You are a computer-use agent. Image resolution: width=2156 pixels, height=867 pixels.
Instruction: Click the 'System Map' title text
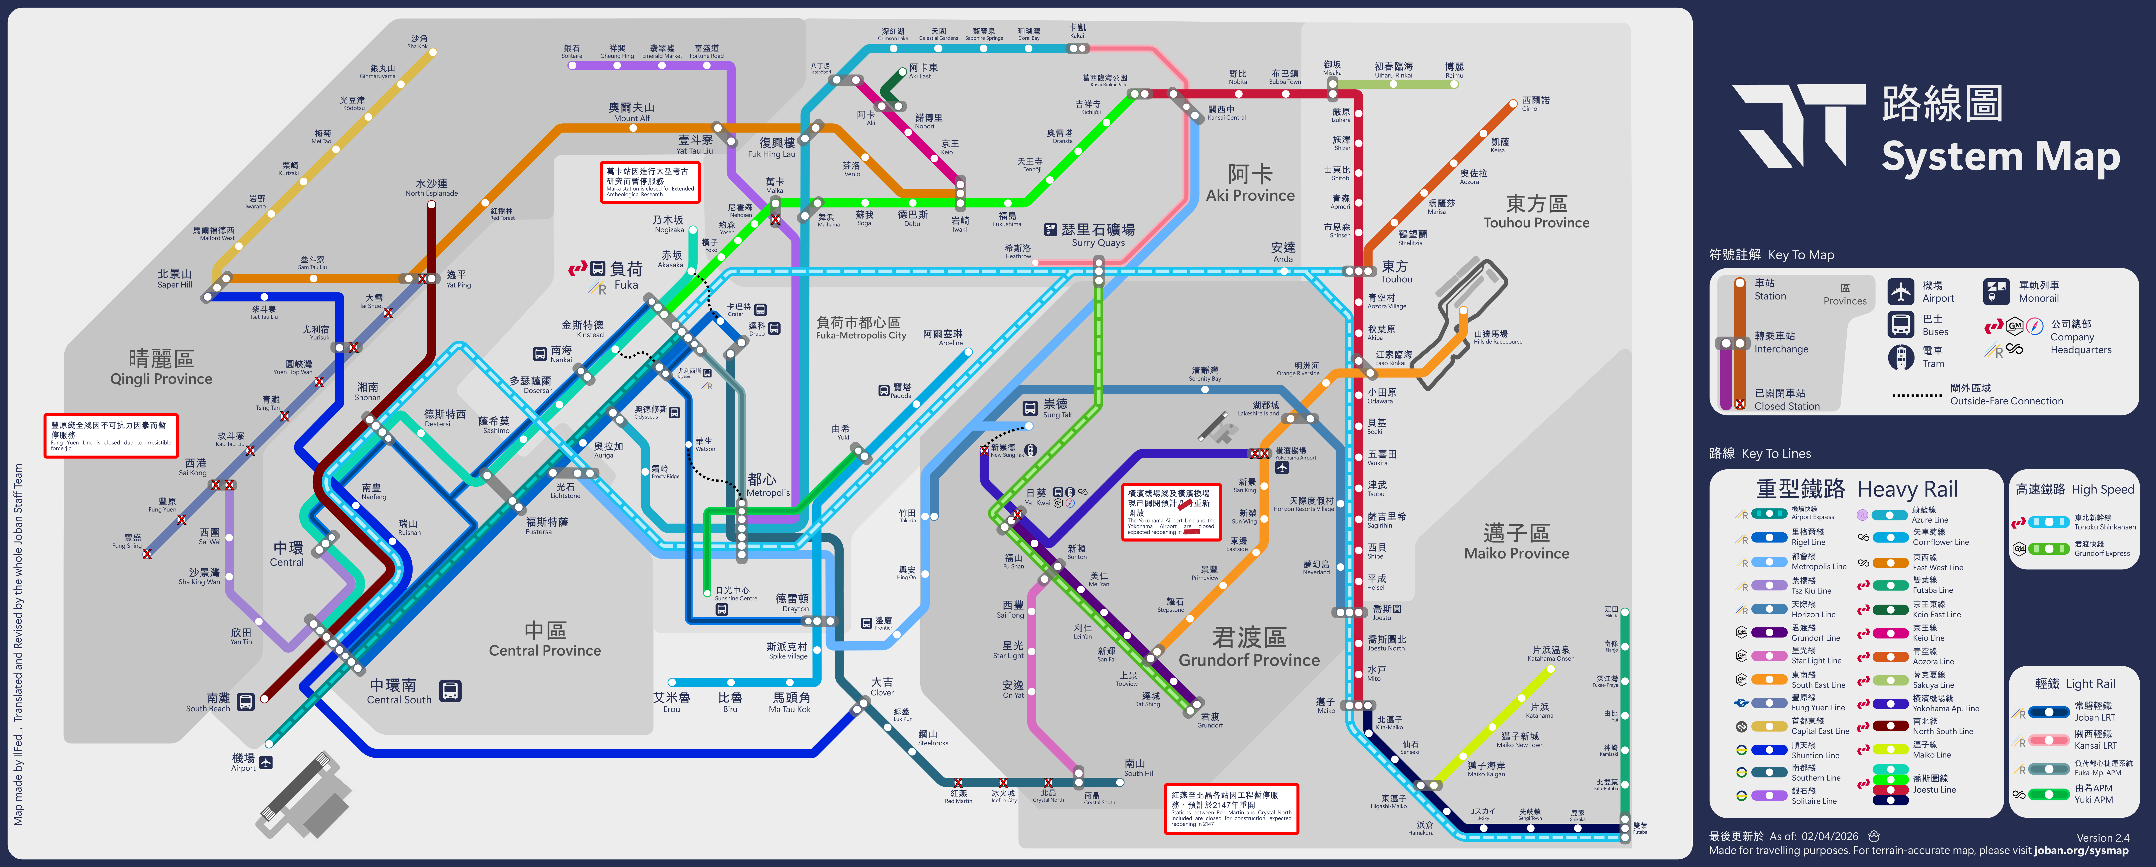click(x=2000, y=157)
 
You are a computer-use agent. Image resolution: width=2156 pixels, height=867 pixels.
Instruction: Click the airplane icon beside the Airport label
click(x=266, y=762)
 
